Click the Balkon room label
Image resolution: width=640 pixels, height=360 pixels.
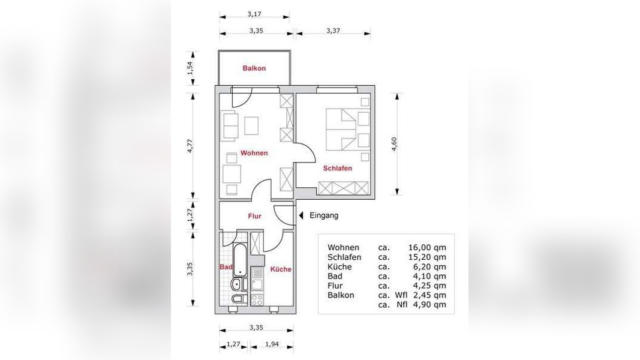254,68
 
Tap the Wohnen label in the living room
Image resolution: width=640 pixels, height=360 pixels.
254,153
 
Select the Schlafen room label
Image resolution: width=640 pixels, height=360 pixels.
338,168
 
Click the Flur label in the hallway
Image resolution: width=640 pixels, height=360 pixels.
255,216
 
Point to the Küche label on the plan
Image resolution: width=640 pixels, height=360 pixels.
281,269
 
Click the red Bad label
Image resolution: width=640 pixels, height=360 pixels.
226,267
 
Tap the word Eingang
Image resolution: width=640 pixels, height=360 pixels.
324,215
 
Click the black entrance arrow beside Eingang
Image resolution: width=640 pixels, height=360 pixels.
301,215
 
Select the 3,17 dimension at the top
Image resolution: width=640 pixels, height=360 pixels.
254,14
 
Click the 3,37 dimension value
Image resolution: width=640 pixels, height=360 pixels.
333,30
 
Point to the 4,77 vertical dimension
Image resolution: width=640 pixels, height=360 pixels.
190,146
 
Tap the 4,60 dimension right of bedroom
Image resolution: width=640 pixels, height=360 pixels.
394,144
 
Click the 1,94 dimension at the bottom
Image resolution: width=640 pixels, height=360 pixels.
272,344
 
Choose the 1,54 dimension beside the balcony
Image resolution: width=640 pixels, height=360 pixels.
190,68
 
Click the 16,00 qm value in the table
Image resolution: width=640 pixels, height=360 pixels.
427,247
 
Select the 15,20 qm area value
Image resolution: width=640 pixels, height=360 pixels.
427,257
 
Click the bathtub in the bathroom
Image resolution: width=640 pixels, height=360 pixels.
239,260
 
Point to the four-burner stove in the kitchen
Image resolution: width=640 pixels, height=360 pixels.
257,300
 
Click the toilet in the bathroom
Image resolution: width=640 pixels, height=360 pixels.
238,299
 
